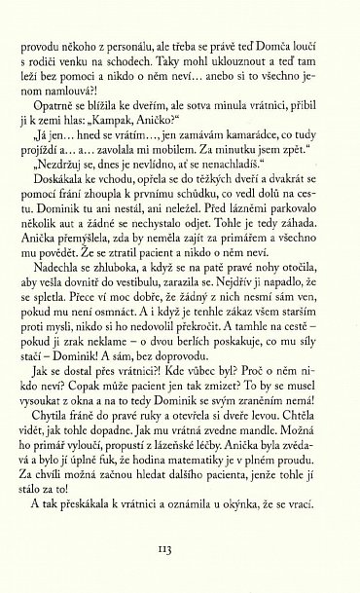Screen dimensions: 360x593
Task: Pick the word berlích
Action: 209,394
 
